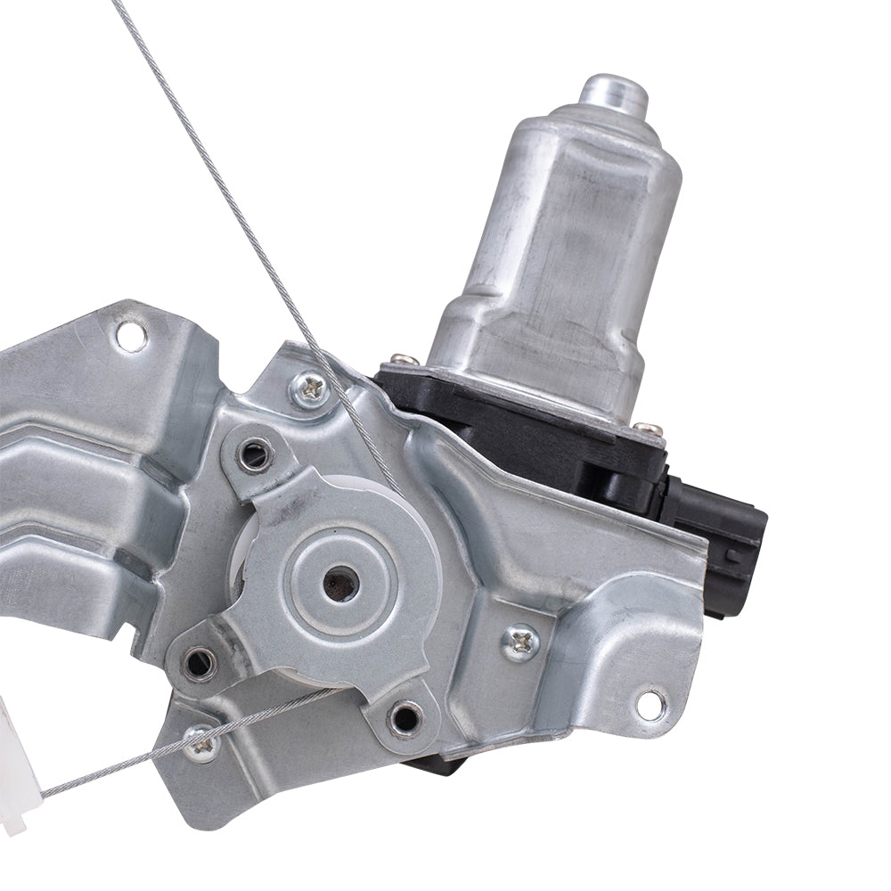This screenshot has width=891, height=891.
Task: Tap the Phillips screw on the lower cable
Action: click(x=200, y=741)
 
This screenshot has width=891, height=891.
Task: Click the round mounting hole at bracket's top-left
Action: click(x=131, y=336)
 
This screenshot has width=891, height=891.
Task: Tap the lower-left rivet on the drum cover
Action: click(x=198, y=661)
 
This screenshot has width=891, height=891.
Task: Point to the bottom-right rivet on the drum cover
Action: click(x=405, y=716)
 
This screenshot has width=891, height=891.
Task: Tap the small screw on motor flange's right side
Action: click(x=651, y=429)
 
